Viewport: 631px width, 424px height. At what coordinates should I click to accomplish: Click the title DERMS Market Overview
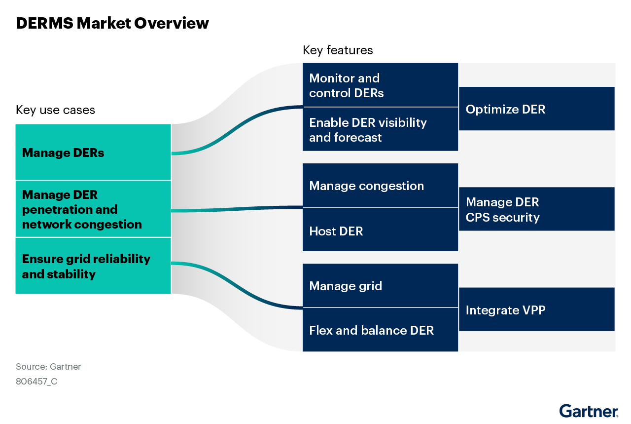click(x=112, y=23)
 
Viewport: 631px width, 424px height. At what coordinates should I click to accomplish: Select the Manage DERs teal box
click(x=93, y=152)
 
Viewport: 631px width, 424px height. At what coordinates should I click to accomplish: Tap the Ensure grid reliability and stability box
click(x=93, y=266)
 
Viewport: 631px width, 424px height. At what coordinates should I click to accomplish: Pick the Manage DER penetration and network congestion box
click(x=93, y=209)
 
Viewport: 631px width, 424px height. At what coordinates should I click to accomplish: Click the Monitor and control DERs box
click(x=380, y=85)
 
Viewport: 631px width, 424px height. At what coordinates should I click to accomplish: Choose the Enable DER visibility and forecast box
click(x=380, y=129)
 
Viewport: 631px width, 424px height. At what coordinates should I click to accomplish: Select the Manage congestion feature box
click(x=380, y=186)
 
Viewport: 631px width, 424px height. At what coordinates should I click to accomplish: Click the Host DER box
click(x=380, y=230)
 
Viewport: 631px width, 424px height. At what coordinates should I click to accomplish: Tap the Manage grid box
click(x=380, y=286)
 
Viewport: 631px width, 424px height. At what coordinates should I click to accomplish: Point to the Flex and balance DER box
click(x=380, y=330)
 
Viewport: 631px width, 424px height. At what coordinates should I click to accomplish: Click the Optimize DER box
click(x=536, y=109)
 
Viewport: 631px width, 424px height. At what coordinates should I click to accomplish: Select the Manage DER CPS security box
click(x=536, y=209)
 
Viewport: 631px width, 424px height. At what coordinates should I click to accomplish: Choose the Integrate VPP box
click(x=536, y=309)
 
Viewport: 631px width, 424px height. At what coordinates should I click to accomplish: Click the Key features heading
click(x=338, y=50)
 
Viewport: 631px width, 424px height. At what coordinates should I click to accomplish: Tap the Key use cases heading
click(x=55, y=110)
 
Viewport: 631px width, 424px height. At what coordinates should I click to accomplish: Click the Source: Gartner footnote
click(x=48, y=367)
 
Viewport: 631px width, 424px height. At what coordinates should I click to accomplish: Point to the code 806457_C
click(x=36, y=382)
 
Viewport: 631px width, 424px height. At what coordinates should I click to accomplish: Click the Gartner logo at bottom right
click(x=588, y=411)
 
